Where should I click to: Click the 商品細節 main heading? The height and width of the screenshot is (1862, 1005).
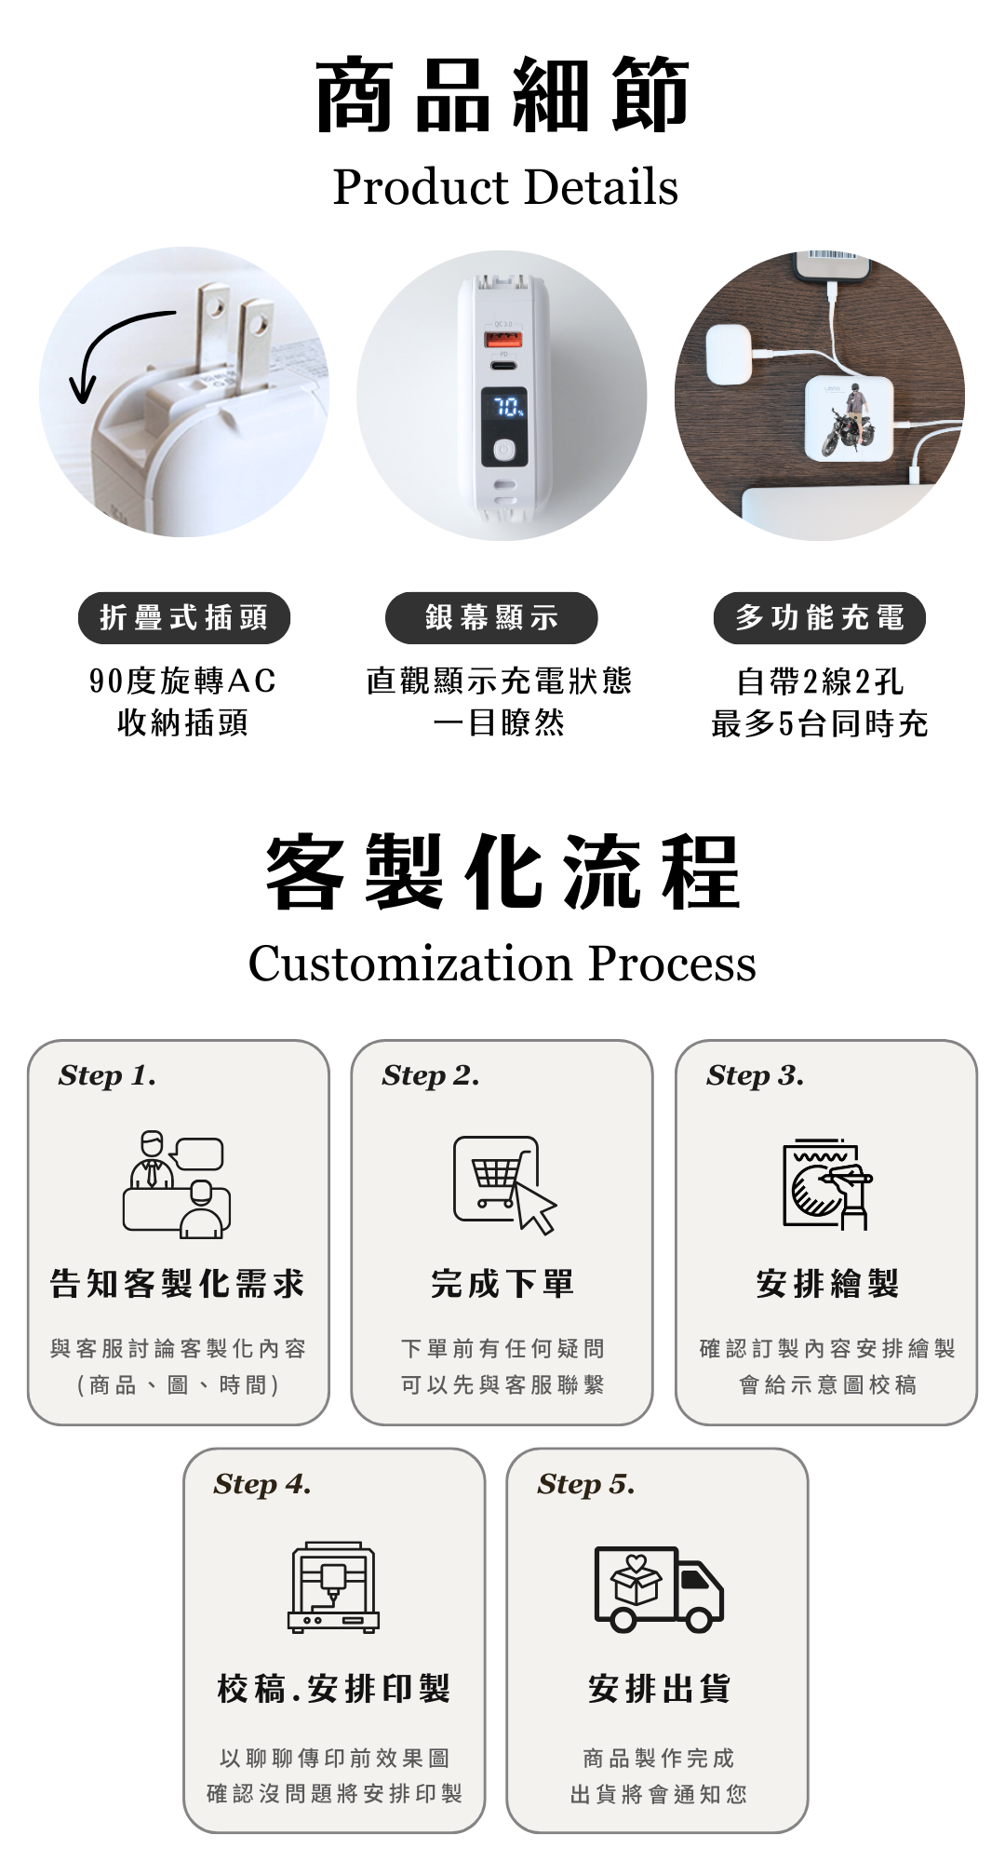point(502,95)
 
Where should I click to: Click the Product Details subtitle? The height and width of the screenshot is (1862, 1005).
point(505,187)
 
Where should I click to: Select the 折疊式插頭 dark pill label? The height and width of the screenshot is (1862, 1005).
point(184,617)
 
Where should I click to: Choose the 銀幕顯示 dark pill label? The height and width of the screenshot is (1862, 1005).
point(491,617)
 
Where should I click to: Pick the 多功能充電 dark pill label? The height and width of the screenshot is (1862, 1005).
point(820,617)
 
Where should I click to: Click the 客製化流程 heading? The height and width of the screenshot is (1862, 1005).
point(502,872)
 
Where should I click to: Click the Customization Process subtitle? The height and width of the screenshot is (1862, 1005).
point(502,964)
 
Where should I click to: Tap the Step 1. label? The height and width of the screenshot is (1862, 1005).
point(107,1076)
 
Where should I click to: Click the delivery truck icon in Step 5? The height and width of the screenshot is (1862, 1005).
point(659,1589)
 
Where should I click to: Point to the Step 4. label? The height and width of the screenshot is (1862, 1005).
point(262,1484)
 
